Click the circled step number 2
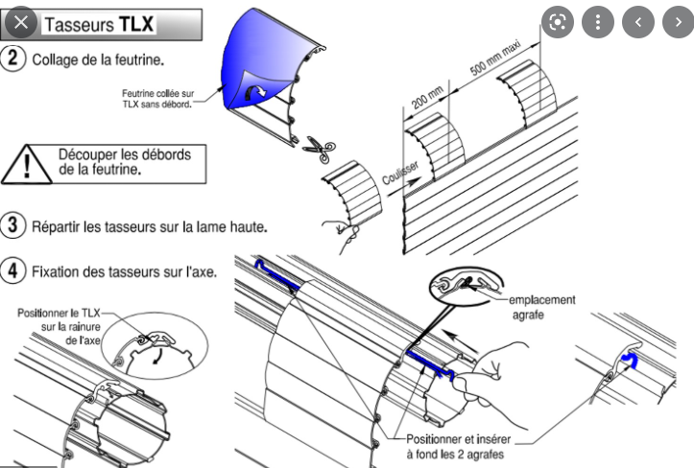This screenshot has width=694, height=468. click(x=13, y=58)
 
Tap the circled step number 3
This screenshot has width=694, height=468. click(x=13, y=227)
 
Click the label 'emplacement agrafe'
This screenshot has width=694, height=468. click(x=541, y=306)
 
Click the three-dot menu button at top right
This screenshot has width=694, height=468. click(x=597, y=22)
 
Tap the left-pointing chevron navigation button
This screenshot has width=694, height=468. click(x=637, y=22)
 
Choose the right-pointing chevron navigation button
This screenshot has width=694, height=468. click(x=676, y=22)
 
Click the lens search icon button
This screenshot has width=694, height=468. click(x=557, y=22)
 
